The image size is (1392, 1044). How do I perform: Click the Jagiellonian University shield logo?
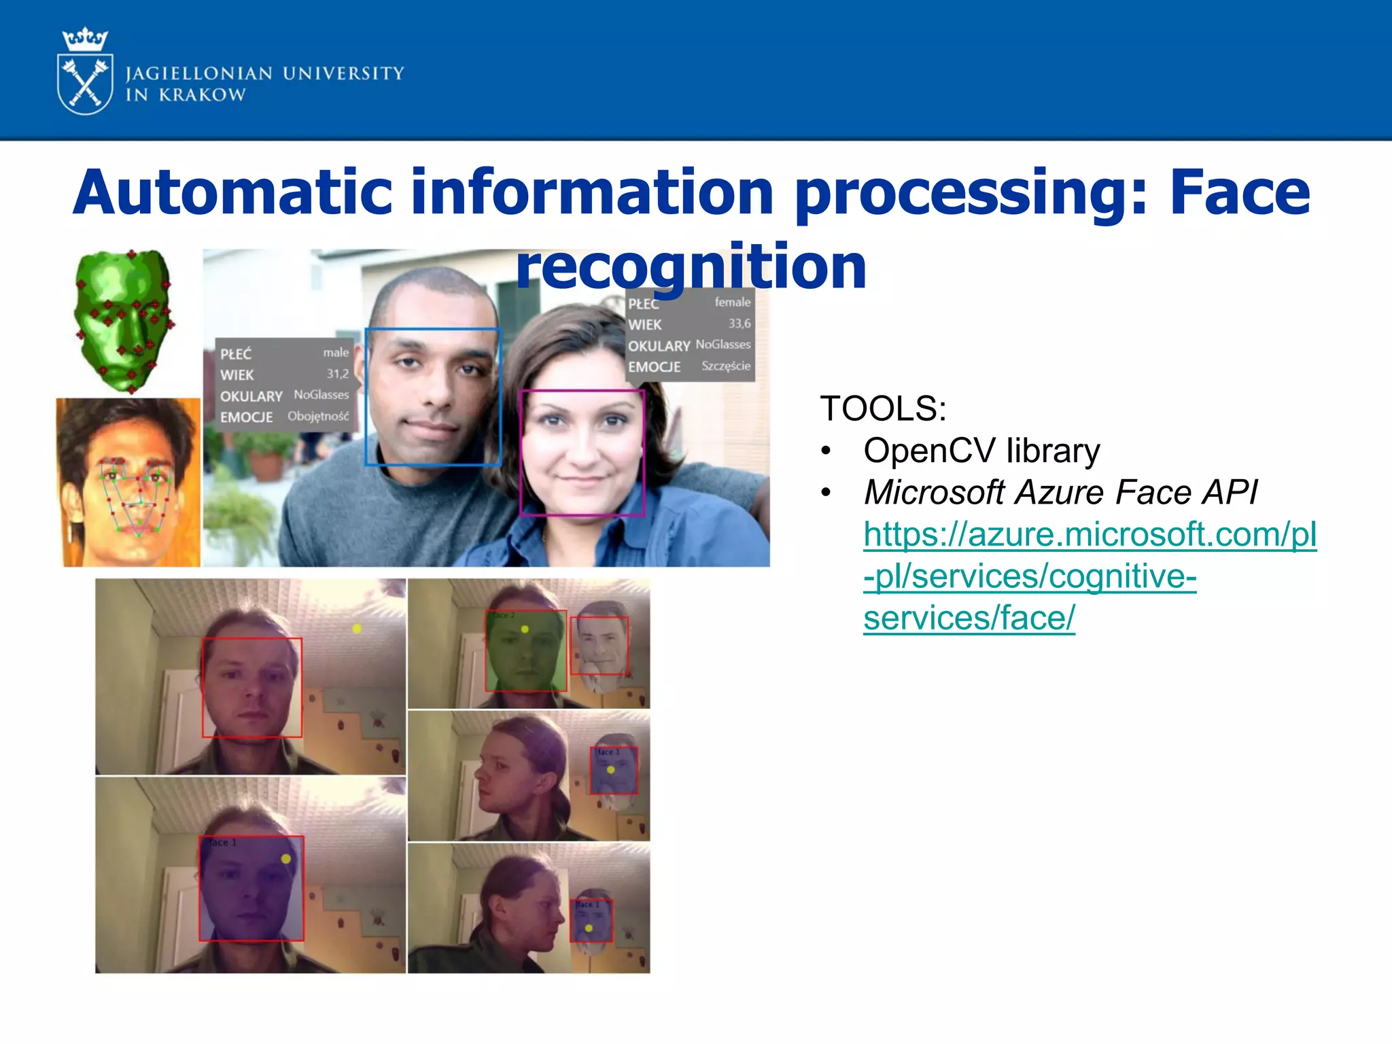pos(85,85)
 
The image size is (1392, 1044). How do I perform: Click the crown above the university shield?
pos(85,39)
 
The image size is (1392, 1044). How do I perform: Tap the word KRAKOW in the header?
pos(203,95)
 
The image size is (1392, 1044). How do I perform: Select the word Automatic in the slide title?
pos(232,193)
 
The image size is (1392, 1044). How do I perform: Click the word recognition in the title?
pos(691,266)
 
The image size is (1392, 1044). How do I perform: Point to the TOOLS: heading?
pos(883,408)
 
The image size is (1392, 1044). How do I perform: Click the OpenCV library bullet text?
pos(981,451)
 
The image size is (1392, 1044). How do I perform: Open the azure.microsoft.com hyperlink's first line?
pos(1090,534)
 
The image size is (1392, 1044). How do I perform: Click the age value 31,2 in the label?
pos(338,374)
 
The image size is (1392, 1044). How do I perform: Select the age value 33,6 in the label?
pos(739,324)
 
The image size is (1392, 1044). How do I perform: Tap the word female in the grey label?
pos(732,302)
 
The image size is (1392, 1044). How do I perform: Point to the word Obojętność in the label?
pos(318,416)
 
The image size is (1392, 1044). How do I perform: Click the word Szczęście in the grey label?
pos(726,366)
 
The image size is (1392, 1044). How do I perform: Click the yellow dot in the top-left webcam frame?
pos(357,629)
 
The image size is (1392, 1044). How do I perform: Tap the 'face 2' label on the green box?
pos(504,615)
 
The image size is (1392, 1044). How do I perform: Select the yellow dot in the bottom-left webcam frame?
pos(286,859)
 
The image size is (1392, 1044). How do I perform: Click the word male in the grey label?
pos(336,352)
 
